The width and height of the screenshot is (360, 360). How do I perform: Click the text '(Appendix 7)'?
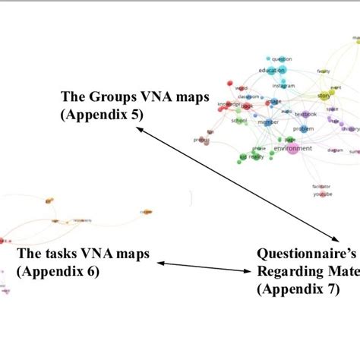click(297, 289)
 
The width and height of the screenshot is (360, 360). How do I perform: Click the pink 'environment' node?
click(292, 148)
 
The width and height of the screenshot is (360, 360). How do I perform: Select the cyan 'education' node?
click(271, 71)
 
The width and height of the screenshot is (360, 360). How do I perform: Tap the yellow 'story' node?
click(324, 96)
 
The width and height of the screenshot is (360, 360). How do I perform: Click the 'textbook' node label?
click(305, 114)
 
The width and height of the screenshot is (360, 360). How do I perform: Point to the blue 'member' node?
click(268, 121)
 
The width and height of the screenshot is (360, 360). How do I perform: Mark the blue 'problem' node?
click(303, 129)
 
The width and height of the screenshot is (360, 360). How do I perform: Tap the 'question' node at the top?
click(282, 58)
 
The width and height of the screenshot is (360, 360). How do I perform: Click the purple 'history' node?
click(349, 128)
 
